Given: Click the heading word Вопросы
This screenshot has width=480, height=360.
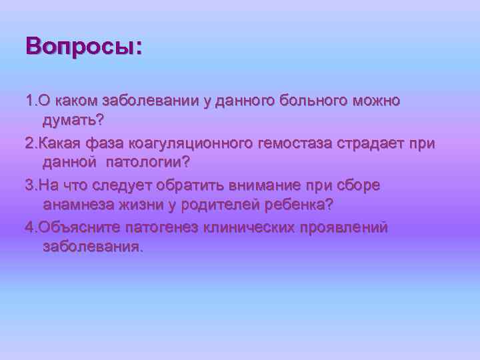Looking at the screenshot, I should [x=83, y=47].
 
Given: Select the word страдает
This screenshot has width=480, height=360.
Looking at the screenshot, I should [x=363, y=143].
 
